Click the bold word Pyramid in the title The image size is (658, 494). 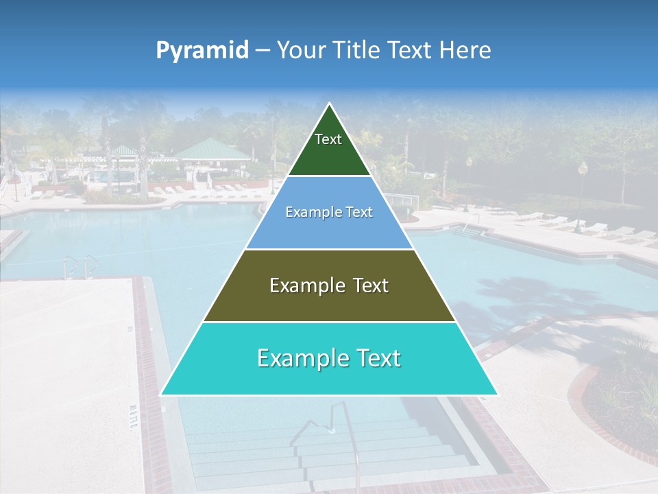[202, 51]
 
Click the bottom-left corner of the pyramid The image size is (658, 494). [162, 394]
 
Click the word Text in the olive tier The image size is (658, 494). [369, 285]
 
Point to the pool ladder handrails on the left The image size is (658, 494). [80, 265]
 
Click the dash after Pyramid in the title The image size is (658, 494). [262, 51]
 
